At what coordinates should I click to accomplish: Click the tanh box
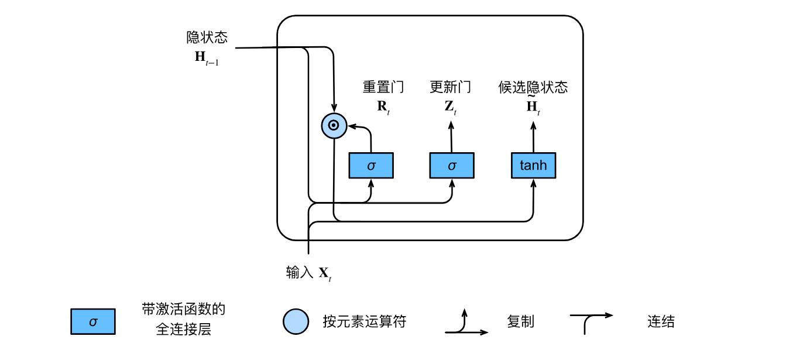533,166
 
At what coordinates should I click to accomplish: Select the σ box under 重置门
371,166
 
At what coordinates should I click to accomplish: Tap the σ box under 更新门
452,166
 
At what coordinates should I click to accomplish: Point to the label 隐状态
207,38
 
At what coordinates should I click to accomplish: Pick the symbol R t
383,107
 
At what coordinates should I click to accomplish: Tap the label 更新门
450,87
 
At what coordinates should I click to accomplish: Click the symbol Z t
450,107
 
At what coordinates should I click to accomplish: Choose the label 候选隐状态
533,87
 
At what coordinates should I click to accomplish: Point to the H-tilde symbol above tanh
533,107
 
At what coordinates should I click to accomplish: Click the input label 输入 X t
309,273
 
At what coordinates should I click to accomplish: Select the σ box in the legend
93,321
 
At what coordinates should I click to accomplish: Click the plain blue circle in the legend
296,321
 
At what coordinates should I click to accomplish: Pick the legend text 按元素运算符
364,321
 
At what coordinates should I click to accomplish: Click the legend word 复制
520,321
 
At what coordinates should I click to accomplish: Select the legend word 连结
661,321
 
